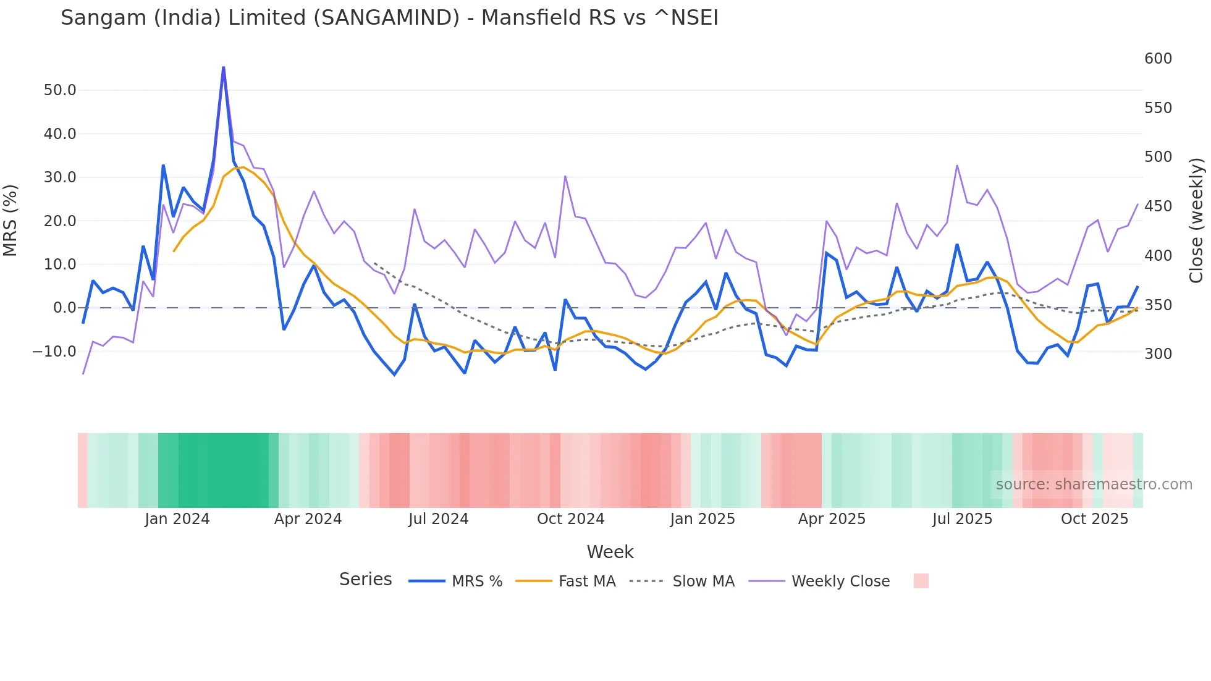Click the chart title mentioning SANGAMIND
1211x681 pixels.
pyautogui.click(x=389, y=17)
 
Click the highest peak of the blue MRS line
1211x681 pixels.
pyautogui.click(x=223, y=67)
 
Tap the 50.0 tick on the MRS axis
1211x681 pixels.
pyautogui.click(x=60, y=90)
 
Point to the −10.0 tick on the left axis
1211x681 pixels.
pyautogui.click(x=54, y=351)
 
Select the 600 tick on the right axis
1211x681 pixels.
pyautogui.click(x=1158, y=59)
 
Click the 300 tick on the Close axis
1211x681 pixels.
pyautogui.click(x=1158, y=354)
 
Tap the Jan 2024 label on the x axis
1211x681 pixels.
pyautogui.click(x=177, y=519)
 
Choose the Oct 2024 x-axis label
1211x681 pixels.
pyautogui.click(x=570, y=519)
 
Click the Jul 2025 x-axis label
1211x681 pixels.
pyautogui.click(x=962, y=519)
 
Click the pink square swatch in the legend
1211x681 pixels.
pyautogui.click(x=921, y=581)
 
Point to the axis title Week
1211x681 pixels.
pyautogui.click(x=610, y=552)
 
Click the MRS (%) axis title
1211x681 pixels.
pyautogui.click(x=11, y=221)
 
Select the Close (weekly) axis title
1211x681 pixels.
pyautogui.click(x=1196, y=221)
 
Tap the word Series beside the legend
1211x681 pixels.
pyautogui.click(x=365, y=580)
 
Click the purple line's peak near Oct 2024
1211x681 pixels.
pyautogui.click(x=565, y=177)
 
